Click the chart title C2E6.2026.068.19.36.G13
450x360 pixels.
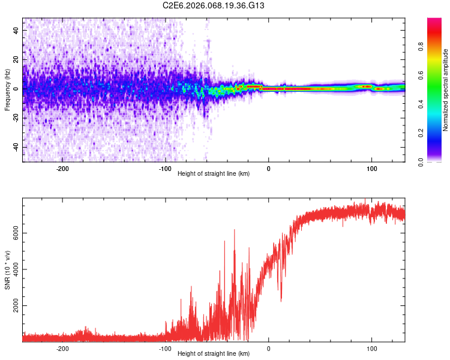214,5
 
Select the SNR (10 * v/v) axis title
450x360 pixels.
7,270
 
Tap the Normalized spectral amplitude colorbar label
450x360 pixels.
446,90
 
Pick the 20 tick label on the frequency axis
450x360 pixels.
16,59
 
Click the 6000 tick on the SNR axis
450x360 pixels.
13,233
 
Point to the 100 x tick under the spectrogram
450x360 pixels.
371,168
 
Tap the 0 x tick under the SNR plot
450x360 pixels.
268,348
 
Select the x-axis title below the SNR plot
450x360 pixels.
214,354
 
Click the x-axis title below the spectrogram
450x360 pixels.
214,174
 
